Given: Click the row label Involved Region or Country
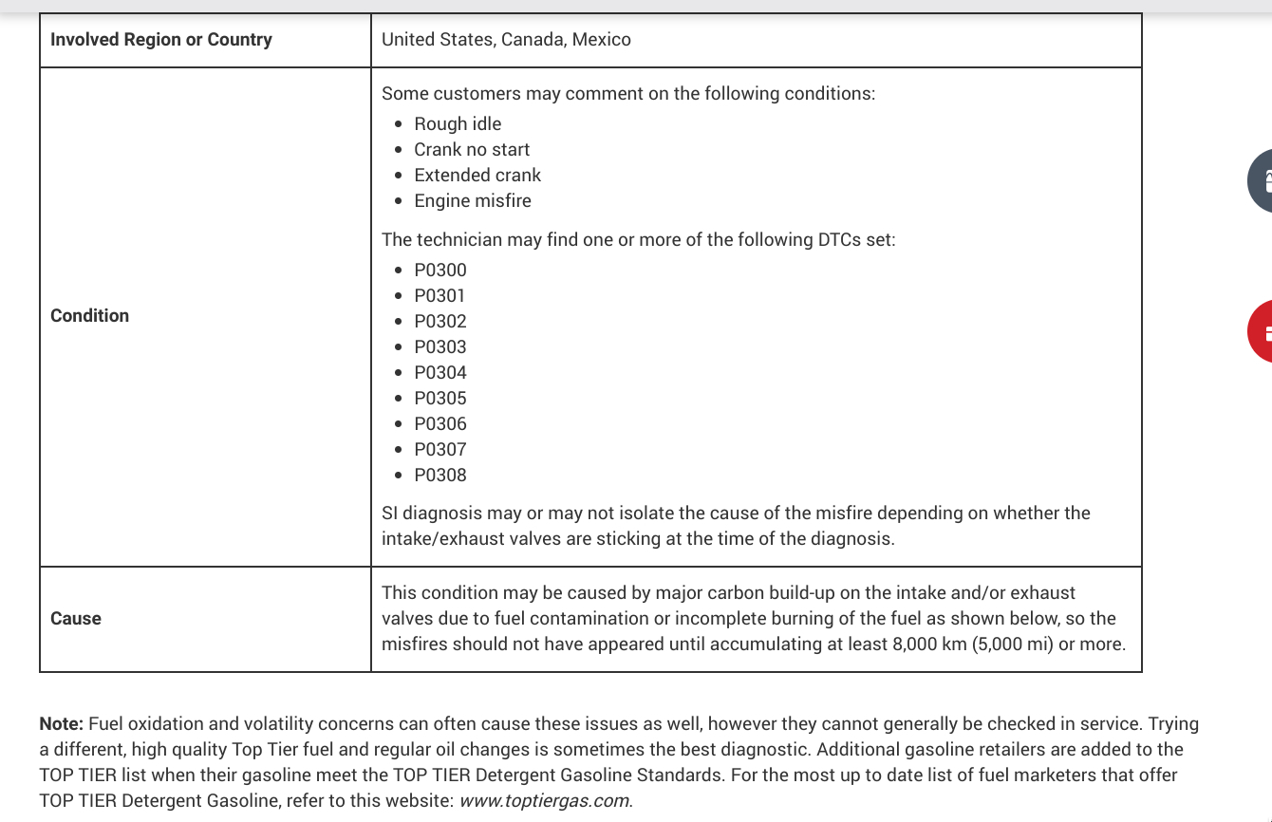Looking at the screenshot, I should coord(161,40).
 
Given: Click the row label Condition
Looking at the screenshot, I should coord(90,316).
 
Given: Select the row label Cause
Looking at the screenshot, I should coord(76,619).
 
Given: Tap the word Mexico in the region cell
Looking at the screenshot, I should coord(601,40).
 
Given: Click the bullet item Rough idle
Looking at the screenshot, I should coord(458,124).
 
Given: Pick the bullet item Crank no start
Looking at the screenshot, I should coord(472,150).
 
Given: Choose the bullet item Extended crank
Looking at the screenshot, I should coord(477,176).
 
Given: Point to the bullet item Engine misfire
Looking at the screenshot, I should coord(473,201).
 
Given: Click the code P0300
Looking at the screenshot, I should coord(440,271).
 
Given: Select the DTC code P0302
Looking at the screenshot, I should coord(440,322).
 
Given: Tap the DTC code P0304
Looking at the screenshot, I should coord(440,373).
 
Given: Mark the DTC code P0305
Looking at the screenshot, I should coord(440,399).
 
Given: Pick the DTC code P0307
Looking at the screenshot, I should coord(440,450).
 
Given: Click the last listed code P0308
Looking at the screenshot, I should coord(440,476).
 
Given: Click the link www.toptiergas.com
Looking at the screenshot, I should coord(544,800).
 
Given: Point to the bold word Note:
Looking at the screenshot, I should coord(62,724).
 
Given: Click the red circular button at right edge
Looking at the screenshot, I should coord(1261,331).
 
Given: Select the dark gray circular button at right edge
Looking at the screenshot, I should coord(1261,180).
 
